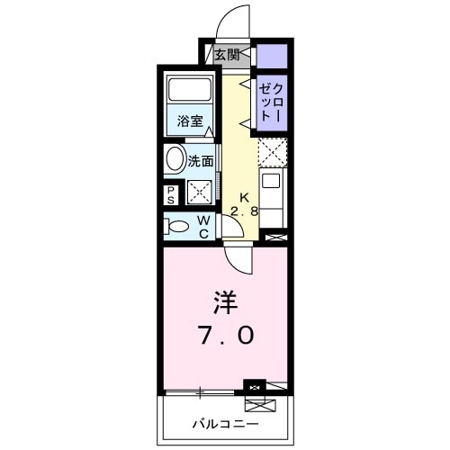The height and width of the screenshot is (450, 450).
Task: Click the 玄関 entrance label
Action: pyautogui.click(x=226, y=56)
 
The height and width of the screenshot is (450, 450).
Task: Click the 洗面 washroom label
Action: pyautogui.click(x=202, y=162)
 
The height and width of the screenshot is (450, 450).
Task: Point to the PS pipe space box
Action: pyautogui.click(x=171, y=193)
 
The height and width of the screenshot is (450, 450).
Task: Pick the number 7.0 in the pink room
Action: pyautogui.click(x=225, y=336)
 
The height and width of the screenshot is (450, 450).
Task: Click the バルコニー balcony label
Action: pyautogui.click(x=225, y=422)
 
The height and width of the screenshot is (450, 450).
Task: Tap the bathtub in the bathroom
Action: pyautogui.click(x=189, y=91)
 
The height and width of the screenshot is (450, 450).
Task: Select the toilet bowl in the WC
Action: pyautogui.click(x=177, y=226)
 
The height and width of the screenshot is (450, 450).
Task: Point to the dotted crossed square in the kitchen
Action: pyautogui.click(x=273, y=153)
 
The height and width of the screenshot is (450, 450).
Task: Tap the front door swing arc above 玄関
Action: pyautogui.click(x=232, y=22)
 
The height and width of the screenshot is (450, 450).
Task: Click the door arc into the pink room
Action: pyautogui.click(x=238, y=258)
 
